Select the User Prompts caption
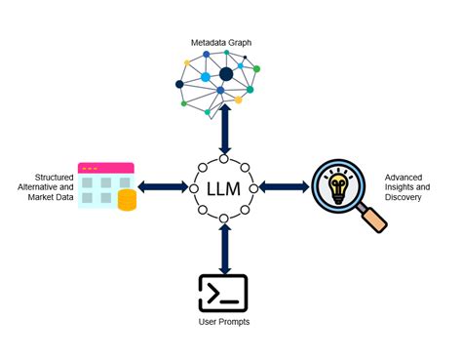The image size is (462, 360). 224,321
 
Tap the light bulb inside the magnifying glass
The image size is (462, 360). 337,184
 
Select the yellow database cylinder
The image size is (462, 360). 127,200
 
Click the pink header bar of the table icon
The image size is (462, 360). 105,168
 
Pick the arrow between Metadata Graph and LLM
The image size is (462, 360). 225,128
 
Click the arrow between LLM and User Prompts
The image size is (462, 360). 225,248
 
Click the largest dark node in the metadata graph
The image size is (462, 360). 226,73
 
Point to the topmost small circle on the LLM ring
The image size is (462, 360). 225,154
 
